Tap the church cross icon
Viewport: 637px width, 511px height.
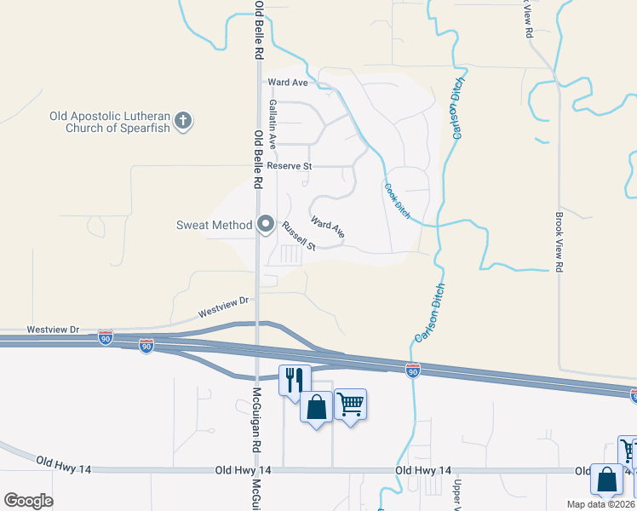pos(183,122)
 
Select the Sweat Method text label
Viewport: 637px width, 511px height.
pos(213,225)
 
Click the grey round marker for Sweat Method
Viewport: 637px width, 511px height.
pos(265,225)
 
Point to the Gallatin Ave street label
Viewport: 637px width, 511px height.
pos(273,123)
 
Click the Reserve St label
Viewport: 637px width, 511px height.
pos(290,166)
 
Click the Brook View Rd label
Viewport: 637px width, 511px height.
pos(560,242)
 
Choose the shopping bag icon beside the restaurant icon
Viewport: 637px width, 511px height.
pos(316,407)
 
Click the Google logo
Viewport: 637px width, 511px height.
pos(28,501)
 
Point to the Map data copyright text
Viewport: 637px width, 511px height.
pos(601,503)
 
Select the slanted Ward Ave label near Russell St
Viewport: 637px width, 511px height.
pos(328,227)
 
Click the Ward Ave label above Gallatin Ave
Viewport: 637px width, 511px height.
pos(287,83)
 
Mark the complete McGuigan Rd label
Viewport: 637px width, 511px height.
pos(255,422)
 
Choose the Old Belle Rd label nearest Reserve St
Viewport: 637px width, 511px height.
pos(258,160)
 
